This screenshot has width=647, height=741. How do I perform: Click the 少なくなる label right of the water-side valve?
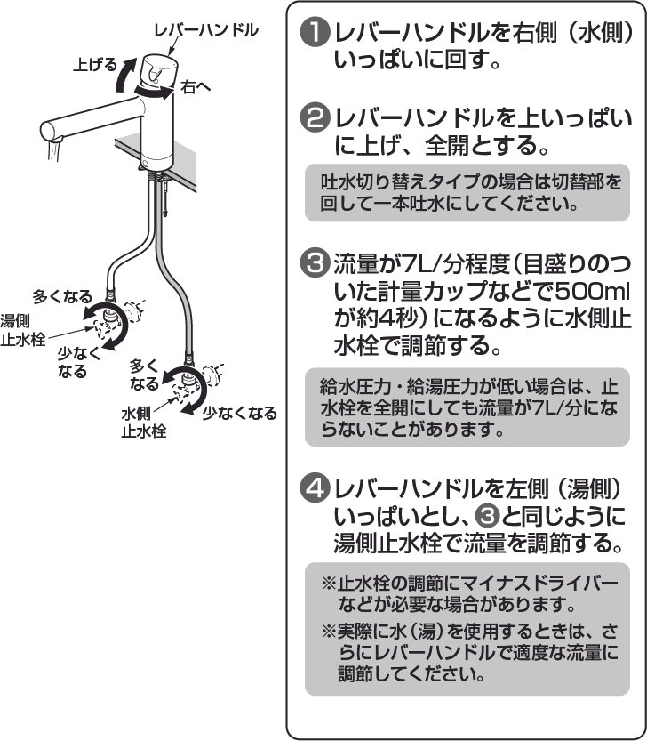[239, 413]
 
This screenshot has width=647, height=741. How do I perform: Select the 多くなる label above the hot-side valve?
[61, 294]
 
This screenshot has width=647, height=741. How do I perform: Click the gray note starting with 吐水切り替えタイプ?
[473, 191]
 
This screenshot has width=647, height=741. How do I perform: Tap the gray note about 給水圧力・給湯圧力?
[473, 407]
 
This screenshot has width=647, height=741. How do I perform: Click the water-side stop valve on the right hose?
[188, 381]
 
